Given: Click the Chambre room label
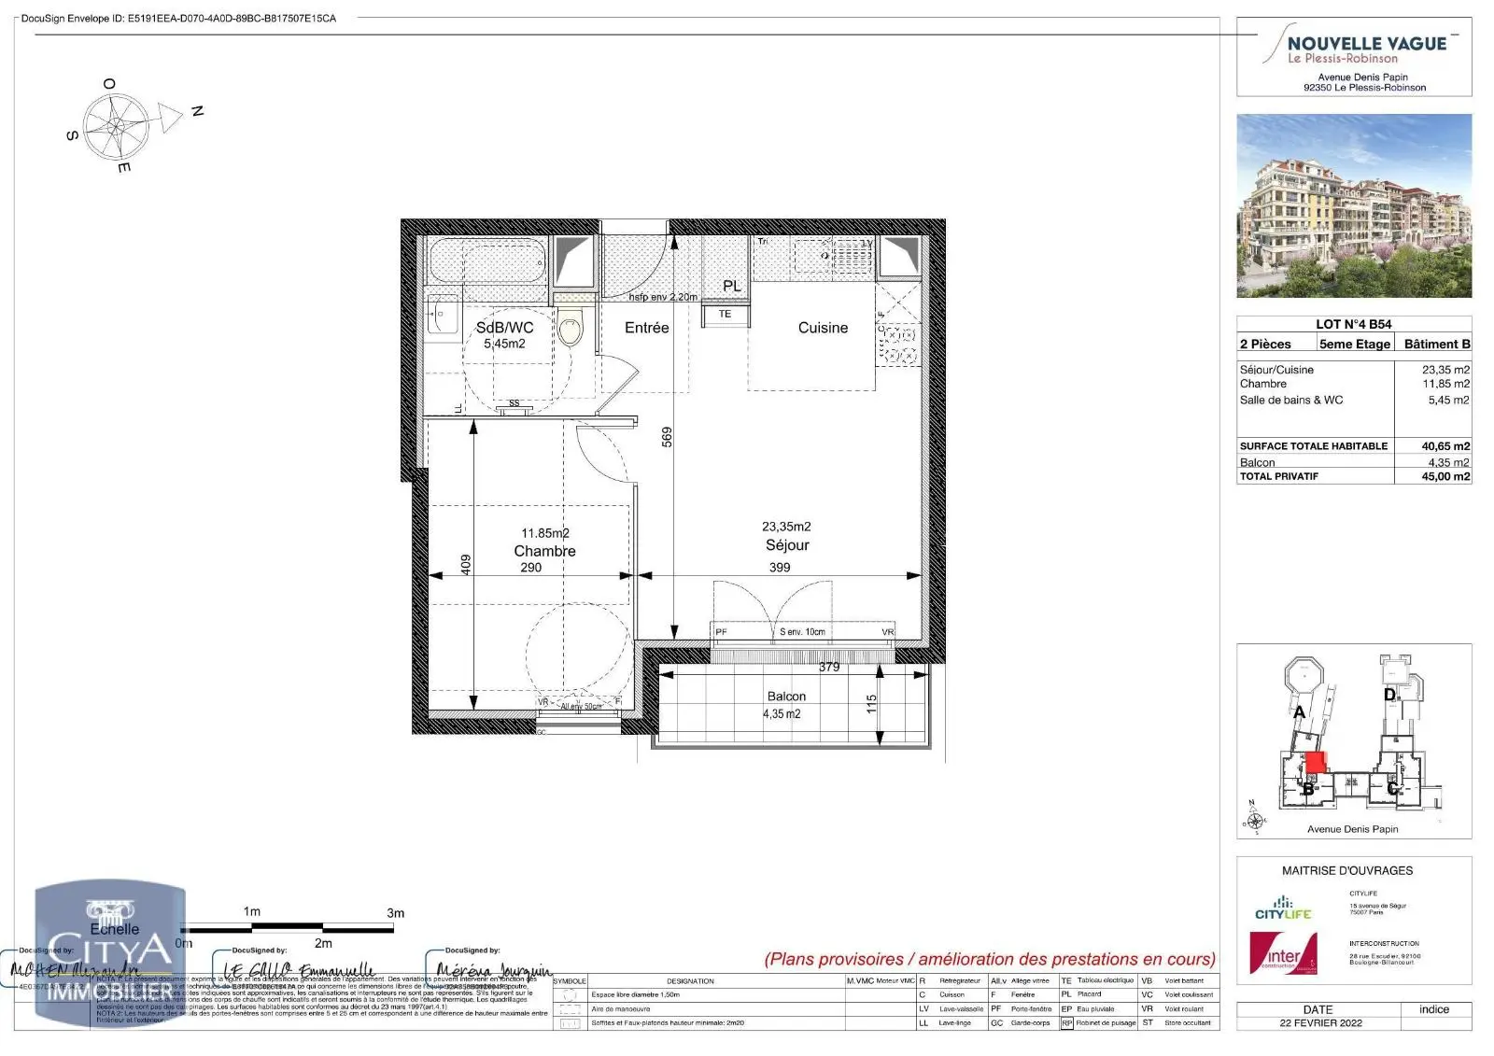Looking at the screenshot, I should tap(544, 551).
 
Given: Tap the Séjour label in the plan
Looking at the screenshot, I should tap(786, 545).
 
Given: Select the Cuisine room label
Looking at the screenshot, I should tap(823, 328).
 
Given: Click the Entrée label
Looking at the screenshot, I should tap(646, 328).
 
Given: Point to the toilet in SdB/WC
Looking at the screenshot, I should tap(571, 326).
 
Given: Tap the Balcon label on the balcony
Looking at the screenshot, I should tap(786, 697).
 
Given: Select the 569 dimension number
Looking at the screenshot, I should tap(667, 437).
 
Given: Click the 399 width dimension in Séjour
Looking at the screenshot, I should tap(779, 567).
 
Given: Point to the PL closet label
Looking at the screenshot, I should tap(732, 286).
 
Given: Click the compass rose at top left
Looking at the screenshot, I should tap(116, 125).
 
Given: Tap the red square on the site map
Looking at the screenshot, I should tap(1315, 762).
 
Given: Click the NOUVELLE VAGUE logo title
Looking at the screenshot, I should tap(1366, 44).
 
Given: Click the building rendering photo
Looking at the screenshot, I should tap(1354, 205).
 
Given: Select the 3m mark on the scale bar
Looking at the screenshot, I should tap(395, 913).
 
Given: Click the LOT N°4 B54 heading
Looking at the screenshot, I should tap(1353, 324).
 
